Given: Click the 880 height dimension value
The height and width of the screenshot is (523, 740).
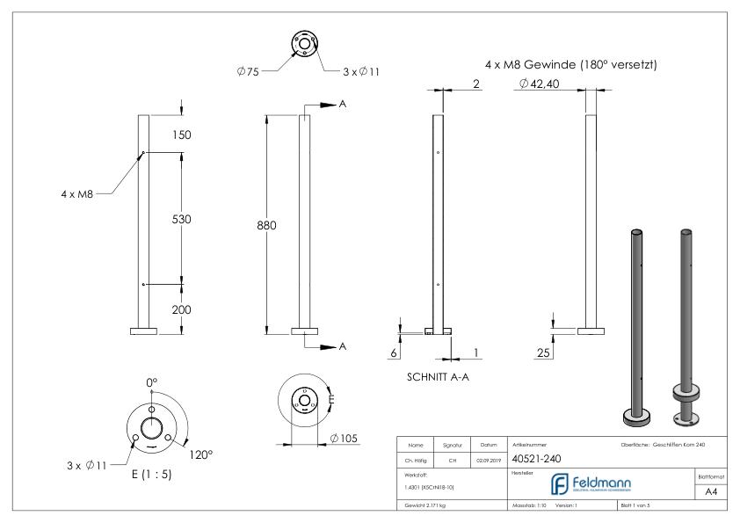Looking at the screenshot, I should (x=265, y=226).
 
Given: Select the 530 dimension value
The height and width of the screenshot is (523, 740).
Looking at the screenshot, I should (x=181, y=218).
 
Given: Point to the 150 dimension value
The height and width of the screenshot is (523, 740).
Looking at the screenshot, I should (x=181, y=134).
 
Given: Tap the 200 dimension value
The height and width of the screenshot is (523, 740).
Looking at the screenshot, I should (x=181, y=309).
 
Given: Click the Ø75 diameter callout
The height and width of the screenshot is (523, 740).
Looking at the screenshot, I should (x=248, y=70).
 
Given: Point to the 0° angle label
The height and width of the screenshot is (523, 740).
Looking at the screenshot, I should (x=151, y=382).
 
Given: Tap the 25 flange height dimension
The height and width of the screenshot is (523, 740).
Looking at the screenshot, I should (x=544, y=352).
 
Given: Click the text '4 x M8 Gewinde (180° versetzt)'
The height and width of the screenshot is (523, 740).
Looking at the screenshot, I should (x=571, y=64).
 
